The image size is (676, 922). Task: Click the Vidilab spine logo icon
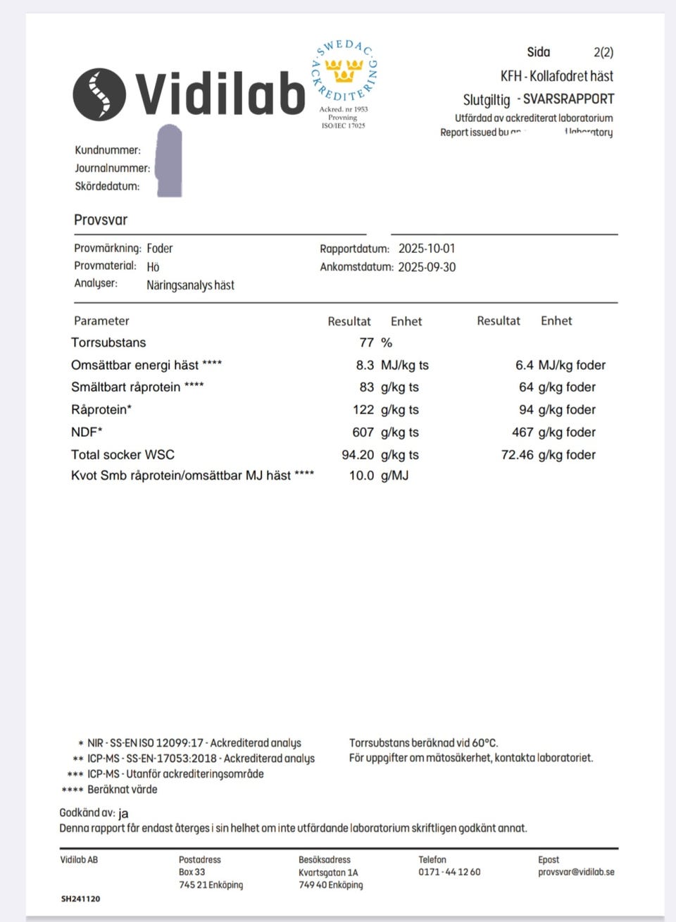point(99,93)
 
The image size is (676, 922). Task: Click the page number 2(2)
point(603,52)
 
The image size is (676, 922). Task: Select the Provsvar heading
point(101,220)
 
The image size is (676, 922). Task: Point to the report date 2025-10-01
point(427,249)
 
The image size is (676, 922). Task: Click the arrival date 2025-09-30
point(427,267)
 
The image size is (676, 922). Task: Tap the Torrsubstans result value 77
point(366,343)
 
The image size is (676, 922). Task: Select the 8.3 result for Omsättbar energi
point(365,365)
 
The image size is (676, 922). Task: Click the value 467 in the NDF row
point(522,432)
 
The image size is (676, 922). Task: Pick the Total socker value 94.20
point(358,454)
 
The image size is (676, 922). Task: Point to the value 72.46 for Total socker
point(518,454)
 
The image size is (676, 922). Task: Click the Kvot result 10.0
point(361,475)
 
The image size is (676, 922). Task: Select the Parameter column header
point(101,321)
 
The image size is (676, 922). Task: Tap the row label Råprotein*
point(101,409)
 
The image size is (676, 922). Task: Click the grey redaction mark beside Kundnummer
point(168,161)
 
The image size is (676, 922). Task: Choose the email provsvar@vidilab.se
point(576,872)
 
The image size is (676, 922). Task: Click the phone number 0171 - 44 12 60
point(449,872)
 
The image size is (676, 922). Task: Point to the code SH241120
point(80,899)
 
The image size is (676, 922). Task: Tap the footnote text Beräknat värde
point(123,790)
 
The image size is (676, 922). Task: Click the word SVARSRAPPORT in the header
point(568,99)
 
